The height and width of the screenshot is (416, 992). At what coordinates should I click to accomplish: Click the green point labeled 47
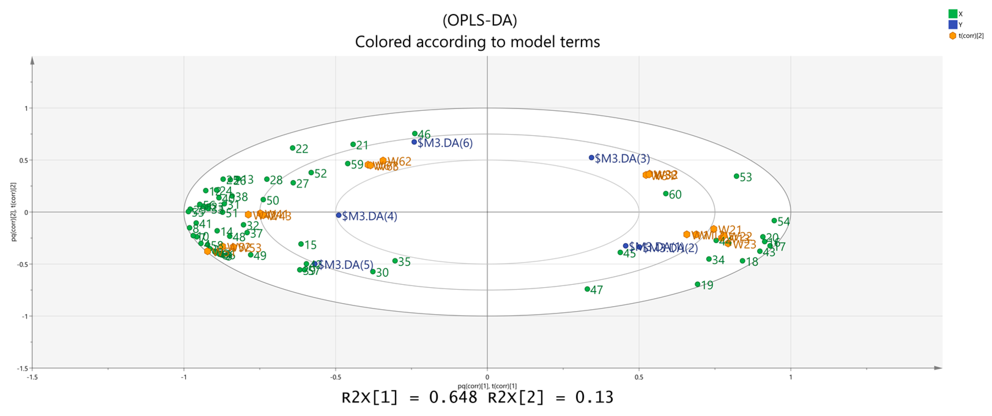coord(587,289)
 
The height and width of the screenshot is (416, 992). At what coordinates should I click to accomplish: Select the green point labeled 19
coord(698,284)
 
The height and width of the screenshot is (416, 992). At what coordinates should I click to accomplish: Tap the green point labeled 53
coord(736,176)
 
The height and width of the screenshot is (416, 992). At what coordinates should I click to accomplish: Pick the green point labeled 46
coord(415,134)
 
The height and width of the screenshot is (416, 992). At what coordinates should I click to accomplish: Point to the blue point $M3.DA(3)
coord(591,158)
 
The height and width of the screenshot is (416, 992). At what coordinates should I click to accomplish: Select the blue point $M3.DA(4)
coord(339,215)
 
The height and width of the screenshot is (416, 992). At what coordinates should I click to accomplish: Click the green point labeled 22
coord(292,148)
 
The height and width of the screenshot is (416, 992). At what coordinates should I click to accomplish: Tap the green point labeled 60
coord(665,193)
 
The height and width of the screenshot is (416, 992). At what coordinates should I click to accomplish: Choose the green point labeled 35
coord(395,261)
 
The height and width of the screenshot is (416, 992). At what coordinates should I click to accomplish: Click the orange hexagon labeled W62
coord(383,161)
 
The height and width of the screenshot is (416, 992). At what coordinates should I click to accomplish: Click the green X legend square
coord(953,14)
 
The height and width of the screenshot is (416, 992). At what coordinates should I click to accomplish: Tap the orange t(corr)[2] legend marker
coord(953,36)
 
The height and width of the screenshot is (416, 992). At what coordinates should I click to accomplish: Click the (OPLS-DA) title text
coord(479,20)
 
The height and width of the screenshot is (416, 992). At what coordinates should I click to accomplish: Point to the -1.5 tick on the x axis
coord(32,377)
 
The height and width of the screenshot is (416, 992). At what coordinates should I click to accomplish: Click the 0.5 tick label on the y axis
coord(24,160)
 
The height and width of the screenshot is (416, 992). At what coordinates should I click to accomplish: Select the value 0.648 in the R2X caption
coord(453,397)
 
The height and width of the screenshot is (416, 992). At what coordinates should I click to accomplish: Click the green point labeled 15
coord(301,244)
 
